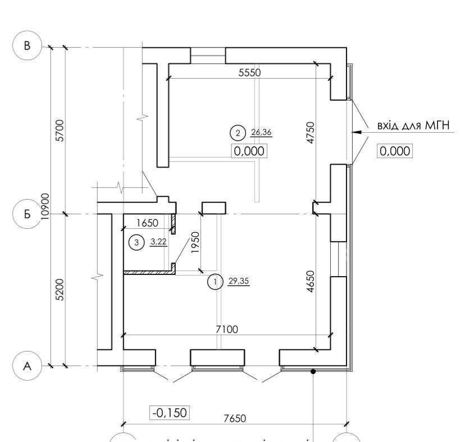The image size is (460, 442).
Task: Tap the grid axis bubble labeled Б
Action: [x=27, y=214]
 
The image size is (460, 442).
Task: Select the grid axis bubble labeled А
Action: [x=27, y=366]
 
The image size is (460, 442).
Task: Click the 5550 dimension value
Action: [x=249, y=73]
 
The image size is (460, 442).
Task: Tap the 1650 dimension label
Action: [x=147, y=223]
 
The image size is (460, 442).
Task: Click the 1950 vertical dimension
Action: [x=196, y=243]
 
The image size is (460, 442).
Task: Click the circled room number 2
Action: [x=238, y=133]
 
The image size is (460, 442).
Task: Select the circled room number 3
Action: [x=135, y=243]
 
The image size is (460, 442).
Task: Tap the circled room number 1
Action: [x=214, y=282]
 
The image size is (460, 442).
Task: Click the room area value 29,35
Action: [x=238, y=281]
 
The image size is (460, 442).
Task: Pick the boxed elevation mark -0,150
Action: [x=169, y=413]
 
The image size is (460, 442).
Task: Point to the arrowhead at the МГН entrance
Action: [x=354, y=133]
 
